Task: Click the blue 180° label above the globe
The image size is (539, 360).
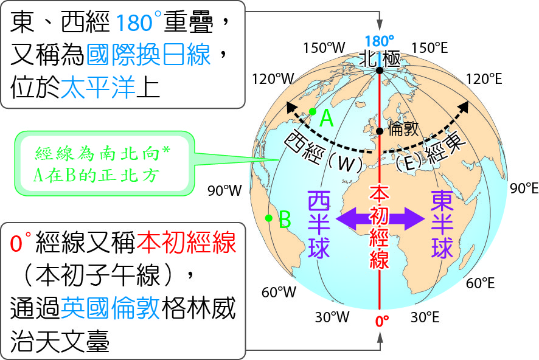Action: click(379, 41)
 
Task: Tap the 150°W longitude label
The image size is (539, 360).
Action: click(324, 48)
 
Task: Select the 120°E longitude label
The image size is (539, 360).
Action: click(484, 79)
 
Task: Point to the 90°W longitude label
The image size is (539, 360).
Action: click(224, 190)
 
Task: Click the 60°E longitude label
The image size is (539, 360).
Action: click(480, 283)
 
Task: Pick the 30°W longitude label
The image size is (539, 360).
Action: click(332, 317)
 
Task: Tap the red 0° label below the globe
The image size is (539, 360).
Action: click(382, 322)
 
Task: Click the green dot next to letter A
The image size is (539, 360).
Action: click(313, 111)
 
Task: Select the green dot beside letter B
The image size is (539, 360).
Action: click(269, 218)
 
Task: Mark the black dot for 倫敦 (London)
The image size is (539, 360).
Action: click(380, 131)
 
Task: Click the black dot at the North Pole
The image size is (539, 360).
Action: click(380, 71)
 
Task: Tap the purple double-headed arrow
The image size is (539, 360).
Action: click(380, 218)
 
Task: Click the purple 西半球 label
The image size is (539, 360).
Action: click(319, 224)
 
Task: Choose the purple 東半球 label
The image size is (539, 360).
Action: click(442, 224)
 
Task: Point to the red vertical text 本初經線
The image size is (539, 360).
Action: click(379, 227)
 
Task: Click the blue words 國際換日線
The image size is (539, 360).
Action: click(148, 54)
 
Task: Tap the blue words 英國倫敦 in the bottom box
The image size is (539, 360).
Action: click(110, 308)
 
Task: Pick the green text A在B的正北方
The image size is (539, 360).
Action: click(96, 176)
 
